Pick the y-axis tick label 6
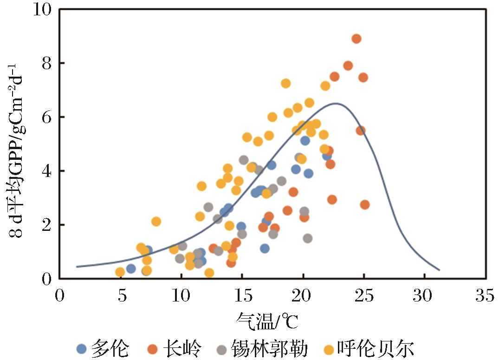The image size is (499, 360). point(46,117)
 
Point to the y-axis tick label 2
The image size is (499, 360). point(46,225)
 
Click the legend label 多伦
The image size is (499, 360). point(110,348)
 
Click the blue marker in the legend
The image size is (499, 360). point(82,349)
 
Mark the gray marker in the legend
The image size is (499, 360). point(222,349)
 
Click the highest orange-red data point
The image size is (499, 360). point(356,39)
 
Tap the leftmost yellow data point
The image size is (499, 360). point(120,272)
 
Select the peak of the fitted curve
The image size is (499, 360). point(336,104)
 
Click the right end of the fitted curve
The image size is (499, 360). point(439,270)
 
